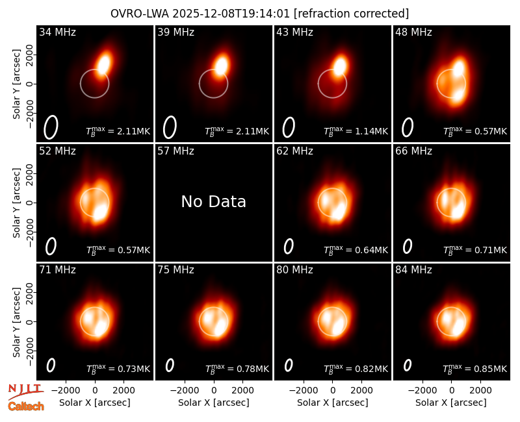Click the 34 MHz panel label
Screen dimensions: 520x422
pos(57,32)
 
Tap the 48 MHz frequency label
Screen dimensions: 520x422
pos(413,32)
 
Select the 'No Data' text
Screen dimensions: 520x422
pos(214,201)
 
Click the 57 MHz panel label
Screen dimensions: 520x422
pos(175,151)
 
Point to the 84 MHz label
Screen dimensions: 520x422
pos(413,270)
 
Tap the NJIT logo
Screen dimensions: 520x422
pos(26,391)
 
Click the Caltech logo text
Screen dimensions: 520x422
pos(26,406)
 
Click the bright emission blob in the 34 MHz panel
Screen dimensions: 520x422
pos(104,64)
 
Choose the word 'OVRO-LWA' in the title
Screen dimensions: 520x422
pos(140,14)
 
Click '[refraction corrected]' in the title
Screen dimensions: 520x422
pos(352,14)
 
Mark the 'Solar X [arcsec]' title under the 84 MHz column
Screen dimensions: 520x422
pos(451,403)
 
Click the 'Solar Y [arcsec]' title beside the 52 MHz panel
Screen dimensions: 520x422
pos(16,203)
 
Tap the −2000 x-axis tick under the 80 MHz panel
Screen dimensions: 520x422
pos(303,390)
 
